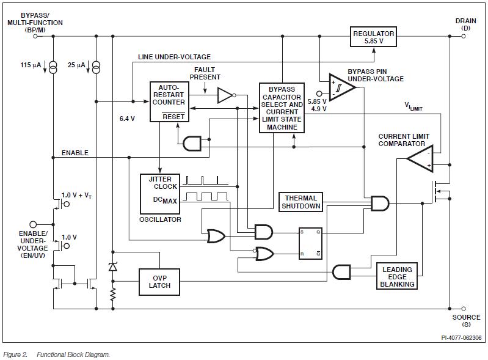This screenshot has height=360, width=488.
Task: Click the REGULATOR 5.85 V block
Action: tap(374, 37)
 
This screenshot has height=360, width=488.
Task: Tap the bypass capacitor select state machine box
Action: tap(282, 107)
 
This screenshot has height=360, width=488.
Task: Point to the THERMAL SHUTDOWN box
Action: tap(300, 202)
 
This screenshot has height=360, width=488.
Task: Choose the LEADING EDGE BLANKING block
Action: tap(397, 276)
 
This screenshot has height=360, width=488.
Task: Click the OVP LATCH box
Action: tap(159, 282)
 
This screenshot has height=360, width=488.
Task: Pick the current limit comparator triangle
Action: tap(421, 160)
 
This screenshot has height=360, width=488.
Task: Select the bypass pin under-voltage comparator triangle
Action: tap(341, 87)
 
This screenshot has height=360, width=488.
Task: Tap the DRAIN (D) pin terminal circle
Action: tap(464, 36)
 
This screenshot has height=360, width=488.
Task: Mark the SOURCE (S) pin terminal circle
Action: tap(464, 309)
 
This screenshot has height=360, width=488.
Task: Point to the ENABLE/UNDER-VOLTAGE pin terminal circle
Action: tap(33, 224)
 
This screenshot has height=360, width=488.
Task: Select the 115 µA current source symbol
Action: tap(53, 67)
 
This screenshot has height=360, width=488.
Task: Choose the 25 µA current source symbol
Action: tap(95, 67)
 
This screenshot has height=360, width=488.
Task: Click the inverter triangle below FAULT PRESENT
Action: tap(224, 95)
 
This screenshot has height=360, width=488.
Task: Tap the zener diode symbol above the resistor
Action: tap(113, 266)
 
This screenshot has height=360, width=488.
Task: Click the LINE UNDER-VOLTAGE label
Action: tap(174, 57)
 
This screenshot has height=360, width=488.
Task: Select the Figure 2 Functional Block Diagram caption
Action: tap(56, 354)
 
